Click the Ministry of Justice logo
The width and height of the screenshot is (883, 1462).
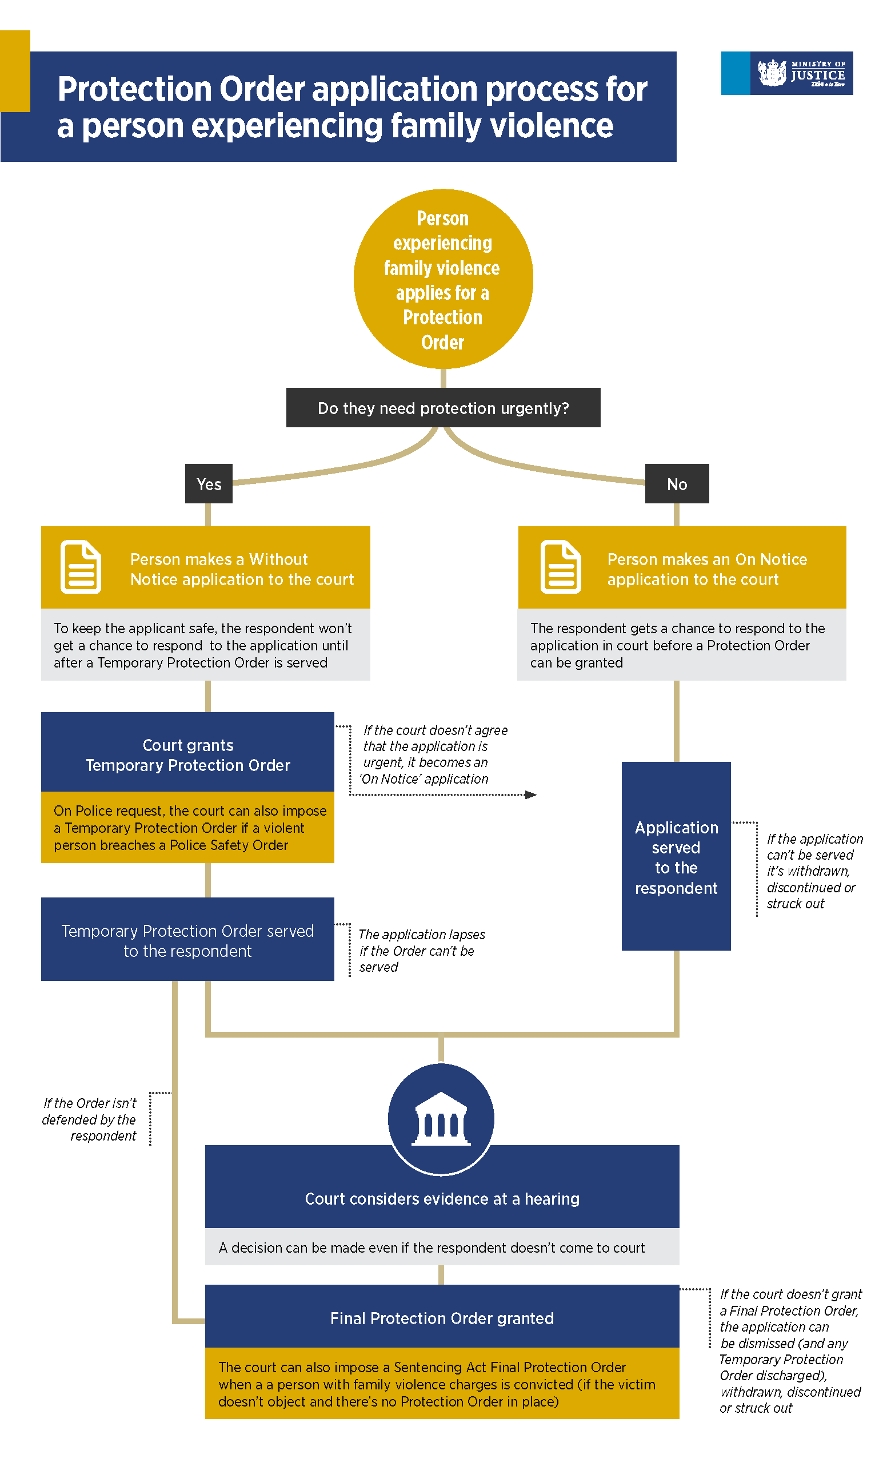point(786,73)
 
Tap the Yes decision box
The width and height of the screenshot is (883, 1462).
point(208,483)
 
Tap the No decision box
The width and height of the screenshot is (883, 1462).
point(676,483)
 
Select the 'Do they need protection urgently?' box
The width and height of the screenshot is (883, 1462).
point(442,408)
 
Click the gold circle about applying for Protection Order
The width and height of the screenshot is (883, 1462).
point(442,279)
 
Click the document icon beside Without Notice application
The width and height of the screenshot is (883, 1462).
point(81,567)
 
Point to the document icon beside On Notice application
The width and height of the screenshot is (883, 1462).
point(560,567)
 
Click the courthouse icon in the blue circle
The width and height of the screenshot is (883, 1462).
point(441,1118)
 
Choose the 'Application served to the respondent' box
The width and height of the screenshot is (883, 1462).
point(676,857)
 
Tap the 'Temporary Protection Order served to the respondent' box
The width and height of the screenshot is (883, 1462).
point(187,940)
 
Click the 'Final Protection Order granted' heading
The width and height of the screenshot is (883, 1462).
point(442,1318)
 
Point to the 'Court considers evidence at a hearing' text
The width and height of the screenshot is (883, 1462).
point(442,1198)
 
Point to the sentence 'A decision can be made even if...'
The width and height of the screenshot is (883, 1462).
point(431,1248)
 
